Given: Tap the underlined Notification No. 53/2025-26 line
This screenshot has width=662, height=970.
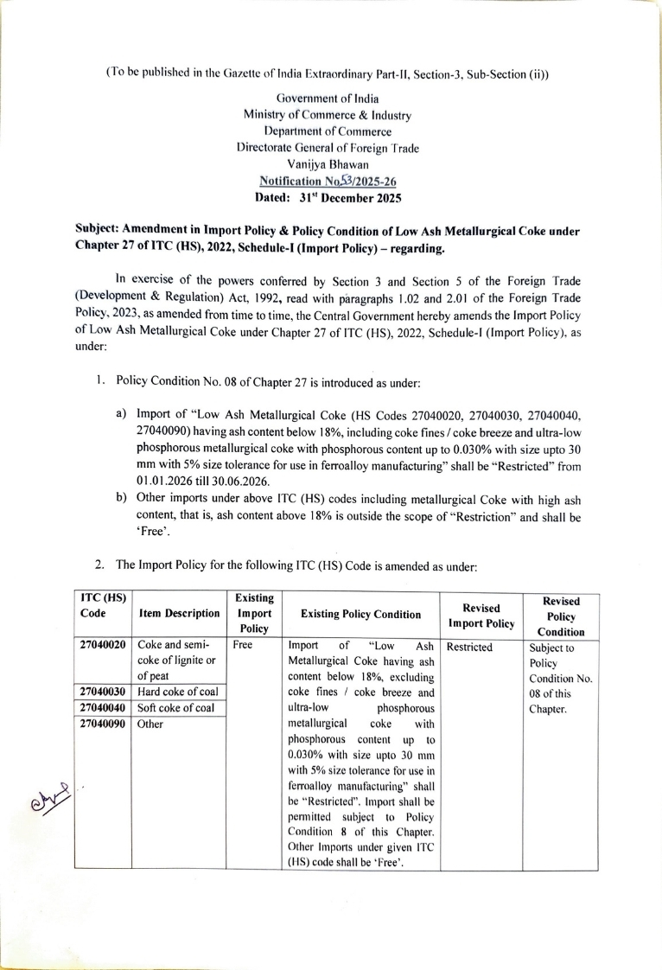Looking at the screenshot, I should (328, 180).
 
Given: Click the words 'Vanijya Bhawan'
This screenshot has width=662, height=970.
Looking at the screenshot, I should (328, 164).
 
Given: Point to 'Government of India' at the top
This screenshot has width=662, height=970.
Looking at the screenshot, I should (328, 99).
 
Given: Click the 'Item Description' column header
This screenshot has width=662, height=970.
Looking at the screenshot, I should (180, 614).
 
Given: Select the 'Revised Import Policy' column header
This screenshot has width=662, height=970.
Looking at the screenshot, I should (481, 615).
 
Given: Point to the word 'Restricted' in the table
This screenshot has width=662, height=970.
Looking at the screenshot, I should (470, 646).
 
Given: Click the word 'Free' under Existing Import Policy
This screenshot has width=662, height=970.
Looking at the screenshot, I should (244, 646).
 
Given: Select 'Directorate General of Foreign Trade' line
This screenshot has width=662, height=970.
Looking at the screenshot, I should (328, 148).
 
